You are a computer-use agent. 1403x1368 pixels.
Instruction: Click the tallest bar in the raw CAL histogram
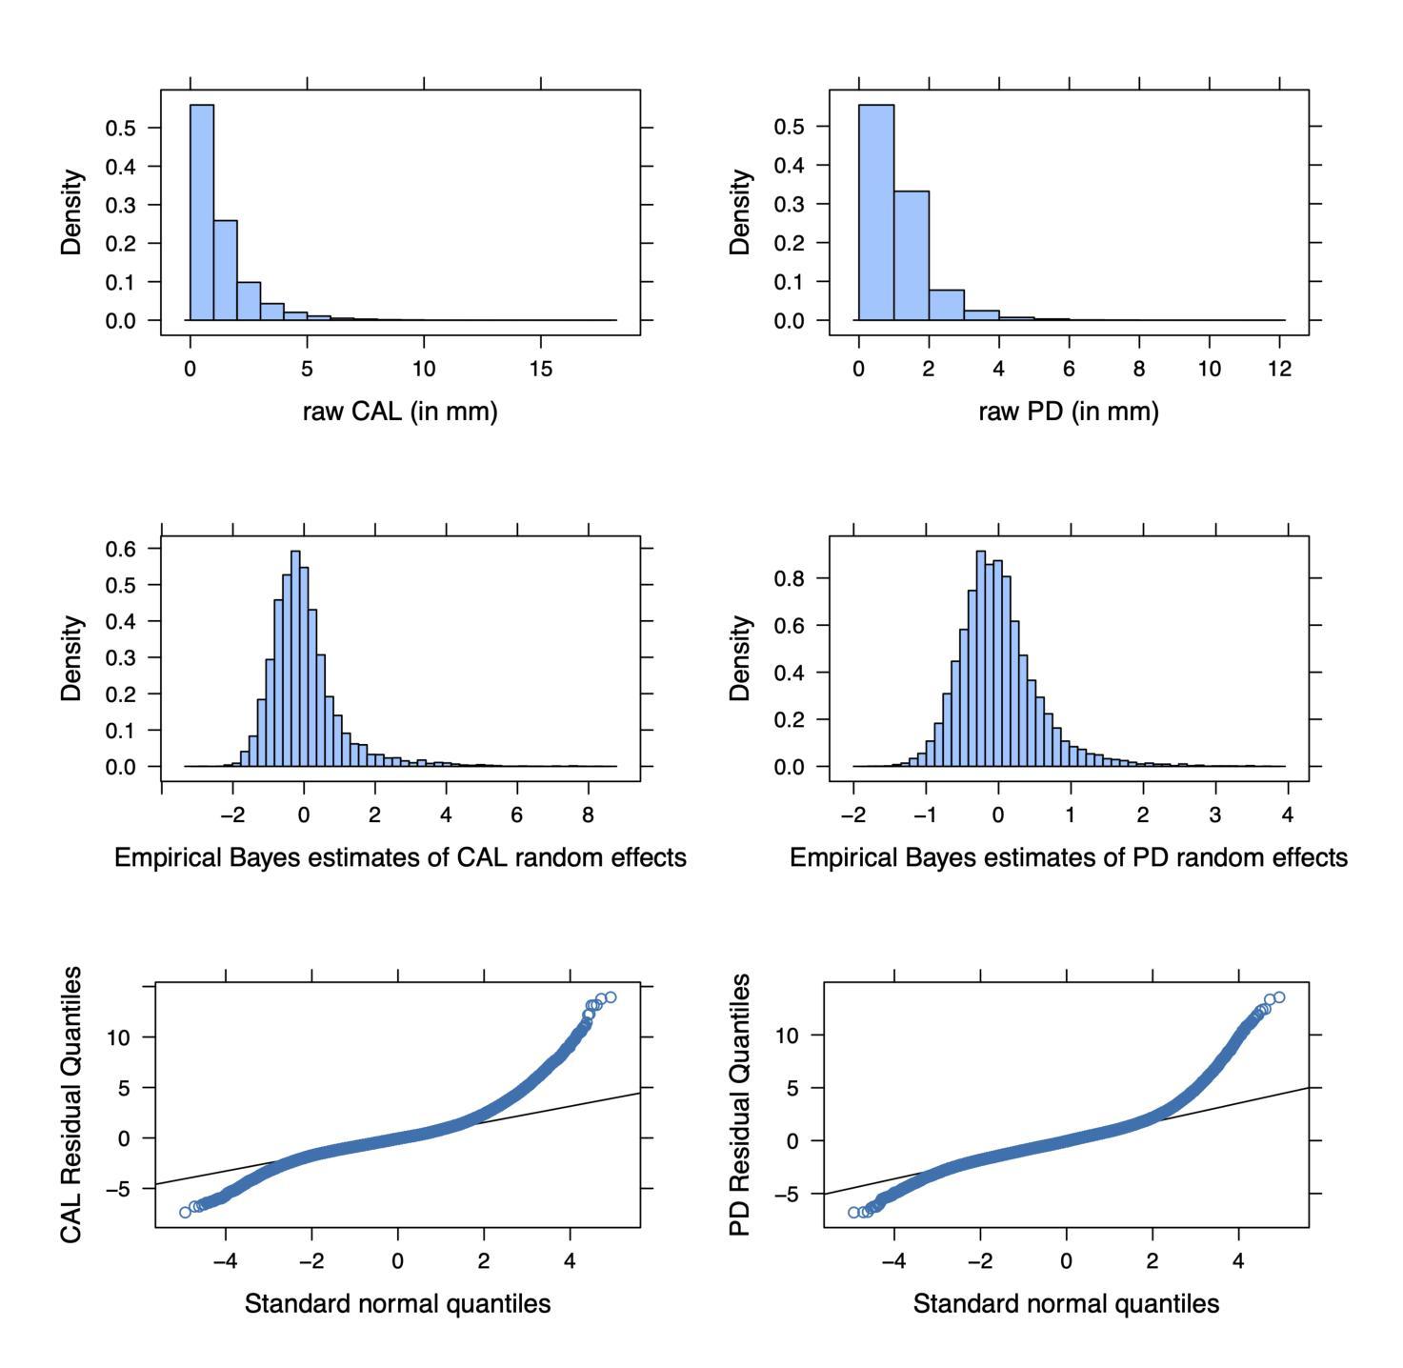click(x=202, y=212)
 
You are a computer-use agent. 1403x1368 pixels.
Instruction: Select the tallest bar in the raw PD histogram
click(x=876, y=212)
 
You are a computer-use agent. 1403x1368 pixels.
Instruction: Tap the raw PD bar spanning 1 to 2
click(x=912, y=255)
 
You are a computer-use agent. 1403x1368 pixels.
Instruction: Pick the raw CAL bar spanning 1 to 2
click(x=226, y=271)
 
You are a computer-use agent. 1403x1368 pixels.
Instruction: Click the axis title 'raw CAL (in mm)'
click(x=400, y=412)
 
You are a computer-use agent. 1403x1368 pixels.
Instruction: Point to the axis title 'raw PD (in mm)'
click(x=1069, y=412)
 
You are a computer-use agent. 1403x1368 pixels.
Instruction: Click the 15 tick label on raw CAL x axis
click(x=541, y=369)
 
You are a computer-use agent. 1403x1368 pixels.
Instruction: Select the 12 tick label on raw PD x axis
click(x=1280, y=369)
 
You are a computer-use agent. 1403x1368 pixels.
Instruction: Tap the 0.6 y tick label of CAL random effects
click(x=120, y=549)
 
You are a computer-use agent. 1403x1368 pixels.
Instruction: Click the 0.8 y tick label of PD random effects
click(x=789, y=578)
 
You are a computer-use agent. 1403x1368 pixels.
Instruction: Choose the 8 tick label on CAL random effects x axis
click(x=588, y=815)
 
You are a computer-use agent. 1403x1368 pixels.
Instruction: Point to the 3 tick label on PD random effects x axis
click(x=1215, y=815)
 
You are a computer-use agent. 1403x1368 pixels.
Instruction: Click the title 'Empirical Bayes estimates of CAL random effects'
click(x=400, y=857)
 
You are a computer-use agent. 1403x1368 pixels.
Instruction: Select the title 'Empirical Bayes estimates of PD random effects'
click(x=1069, y=857)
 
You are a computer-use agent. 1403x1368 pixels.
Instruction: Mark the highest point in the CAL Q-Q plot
click(x=611, y=996)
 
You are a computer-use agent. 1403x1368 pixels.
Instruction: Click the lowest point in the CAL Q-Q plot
click(x=186, y=1212)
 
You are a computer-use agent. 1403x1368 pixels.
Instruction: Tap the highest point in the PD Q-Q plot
click(x=1279, y=997)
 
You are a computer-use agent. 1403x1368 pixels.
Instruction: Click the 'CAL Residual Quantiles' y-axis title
click(x=71, y=1104)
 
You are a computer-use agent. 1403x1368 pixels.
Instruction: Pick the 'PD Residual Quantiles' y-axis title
click(x=740, y=1105)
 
